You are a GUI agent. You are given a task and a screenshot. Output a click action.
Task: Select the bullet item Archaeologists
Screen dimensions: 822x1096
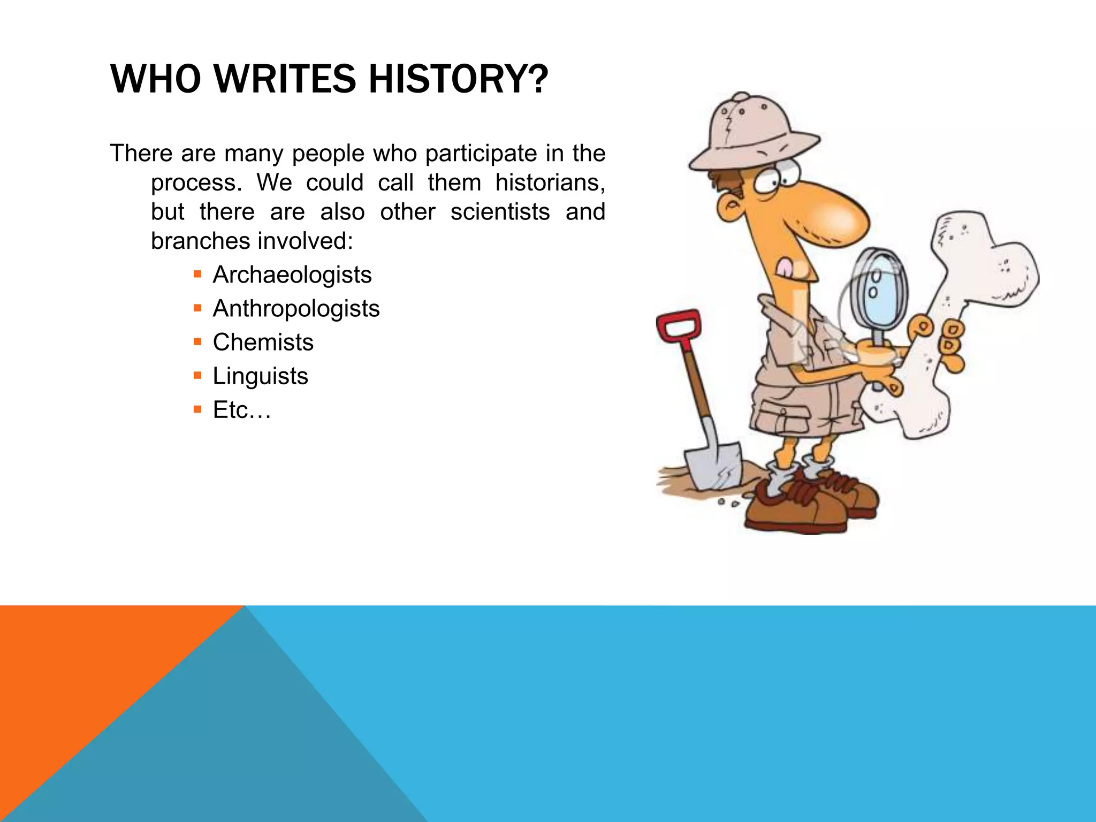(292, 275)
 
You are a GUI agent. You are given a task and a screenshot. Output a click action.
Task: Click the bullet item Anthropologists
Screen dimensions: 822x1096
(296, 309)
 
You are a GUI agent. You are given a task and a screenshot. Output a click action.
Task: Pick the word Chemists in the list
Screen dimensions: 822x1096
(263, 342)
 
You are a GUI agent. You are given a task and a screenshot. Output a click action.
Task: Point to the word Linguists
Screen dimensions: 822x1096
(260, 376)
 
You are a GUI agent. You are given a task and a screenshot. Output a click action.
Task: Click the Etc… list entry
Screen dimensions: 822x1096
(242, 410)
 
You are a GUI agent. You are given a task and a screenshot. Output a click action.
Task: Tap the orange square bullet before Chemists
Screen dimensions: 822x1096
(197, 342)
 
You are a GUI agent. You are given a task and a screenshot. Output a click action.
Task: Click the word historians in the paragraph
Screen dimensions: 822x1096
(549, 183)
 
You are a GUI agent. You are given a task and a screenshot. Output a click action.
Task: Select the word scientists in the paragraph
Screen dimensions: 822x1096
(499, 212)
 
